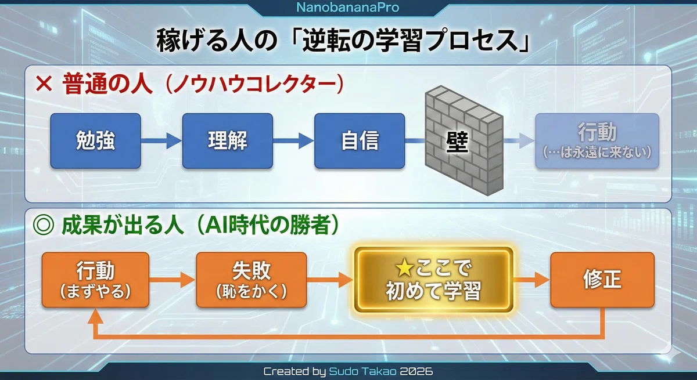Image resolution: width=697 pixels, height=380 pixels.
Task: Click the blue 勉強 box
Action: (95, 141)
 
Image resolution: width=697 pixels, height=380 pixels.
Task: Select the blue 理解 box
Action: (228, 141)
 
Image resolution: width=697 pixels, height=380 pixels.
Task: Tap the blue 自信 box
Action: (360, 141)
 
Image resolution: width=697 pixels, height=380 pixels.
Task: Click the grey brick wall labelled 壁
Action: (464, 140)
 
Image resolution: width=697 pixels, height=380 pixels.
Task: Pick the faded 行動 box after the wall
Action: (597, 141)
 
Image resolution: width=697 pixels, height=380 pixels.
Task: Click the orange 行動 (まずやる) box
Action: (95, 280)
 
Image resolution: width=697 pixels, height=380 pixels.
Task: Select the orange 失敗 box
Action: (252, 280)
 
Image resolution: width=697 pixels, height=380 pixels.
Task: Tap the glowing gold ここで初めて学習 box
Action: (433, 280)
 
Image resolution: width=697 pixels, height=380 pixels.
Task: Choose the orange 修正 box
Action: (602, 280)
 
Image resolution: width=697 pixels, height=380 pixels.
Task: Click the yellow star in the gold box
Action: (404, 269)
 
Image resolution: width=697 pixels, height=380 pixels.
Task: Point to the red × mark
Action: (44, 84)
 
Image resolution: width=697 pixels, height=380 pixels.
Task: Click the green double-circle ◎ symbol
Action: (43, 226)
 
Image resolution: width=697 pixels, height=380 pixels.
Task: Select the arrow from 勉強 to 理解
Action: (161, 141)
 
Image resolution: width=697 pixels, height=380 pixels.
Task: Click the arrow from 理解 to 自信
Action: (293, 141)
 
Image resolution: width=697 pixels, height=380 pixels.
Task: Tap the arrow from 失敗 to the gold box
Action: (330, 280)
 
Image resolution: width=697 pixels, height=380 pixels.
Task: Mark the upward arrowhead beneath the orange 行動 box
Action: (95, 316)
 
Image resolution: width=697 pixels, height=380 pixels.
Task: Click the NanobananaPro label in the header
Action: (347, 8)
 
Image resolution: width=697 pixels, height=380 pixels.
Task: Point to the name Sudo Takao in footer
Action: (362, 371)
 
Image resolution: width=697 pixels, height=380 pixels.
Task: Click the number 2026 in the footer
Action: (416, 371)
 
